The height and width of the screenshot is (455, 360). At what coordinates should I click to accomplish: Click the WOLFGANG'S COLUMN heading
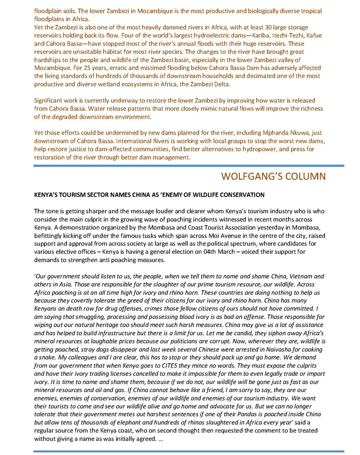(283, 176)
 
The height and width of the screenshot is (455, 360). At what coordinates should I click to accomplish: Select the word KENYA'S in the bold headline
(47, 195)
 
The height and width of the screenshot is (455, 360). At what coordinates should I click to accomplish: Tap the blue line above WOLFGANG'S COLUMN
(189, 166)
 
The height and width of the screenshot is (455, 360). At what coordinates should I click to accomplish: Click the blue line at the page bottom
(189, 450)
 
